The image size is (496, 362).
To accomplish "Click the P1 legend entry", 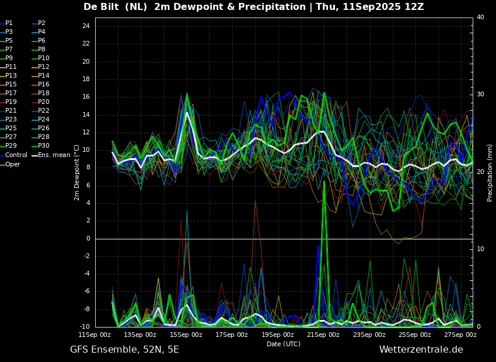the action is tap(6, 23).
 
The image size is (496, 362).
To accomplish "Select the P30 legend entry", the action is tap(41, 145).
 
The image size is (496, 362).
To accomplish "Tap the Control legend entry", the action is tap(13, 155).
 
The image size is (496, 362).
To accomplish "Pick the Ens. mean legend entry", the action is tap(51, 155).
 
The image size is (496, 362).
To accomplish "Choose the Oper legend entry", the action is tap(10, 164).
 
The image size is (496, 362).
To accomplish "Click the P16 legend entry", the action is tap(41, 84).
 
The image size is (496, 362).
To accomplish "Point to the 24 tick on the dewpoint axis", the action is tap(86, 26).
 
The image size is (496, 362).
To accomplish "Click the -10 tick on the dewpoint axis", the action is tap(84, 326).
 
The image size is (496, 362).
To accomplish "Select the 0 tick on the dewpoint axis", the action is tap(88, 239).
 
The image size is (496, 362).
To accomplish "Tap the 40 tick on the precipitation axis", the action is tap(480, 17).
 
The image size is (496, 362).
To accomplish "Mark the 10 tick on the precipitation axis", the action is tap(480, 249).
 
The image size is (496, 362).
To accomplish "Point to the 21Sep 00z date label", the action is tap(324, 335).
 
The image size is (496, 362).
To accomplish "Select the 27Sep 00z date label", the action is tap(460, 335).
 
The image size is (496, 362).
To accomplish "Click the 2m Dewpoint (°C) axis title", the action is tap(76, 172).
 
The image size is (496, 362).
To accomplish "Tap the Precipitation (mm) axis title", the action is tap(490, 172).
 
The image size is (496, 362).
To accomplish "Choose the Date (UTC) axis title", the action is tap(284, 344).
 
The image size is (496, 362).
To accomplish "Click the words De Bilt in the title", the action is tap(101, 6).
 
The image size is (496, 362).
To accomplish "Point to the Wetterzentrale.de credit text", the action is tap(421, 349).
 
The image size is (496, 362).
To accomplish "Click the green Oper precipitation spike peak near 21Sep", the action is tap(324, 182).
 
